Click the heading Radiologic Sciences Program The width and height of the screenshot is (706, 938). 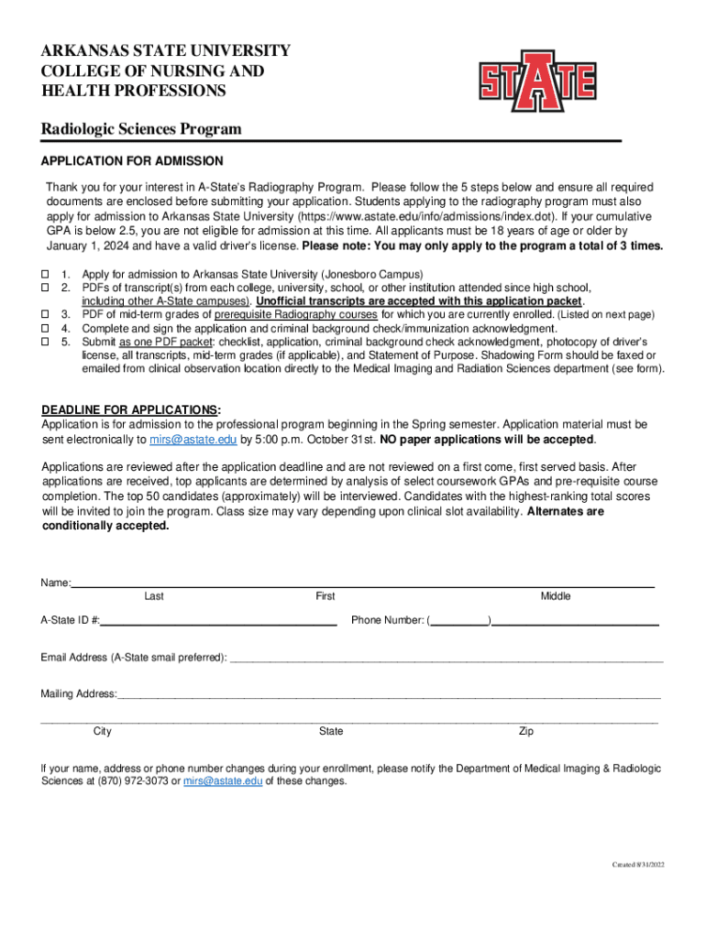tap(141, 129)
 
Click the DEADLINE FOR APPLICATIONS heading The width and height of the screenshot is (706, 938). tap(131, 409)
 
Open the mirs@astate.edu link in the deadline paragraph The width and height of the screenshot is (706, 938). tap(193, 440)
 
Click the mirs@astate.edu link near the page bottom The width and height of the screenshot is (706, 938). tap(223, 781)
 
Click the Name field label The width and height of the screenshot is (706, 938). tap(55, 584)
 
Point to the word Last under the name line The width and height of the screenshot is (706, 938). tap(154, 596)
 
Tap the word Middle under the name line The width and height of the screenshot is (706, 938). tap(556, 596)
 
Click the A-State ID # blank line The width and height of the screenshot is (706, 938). tap(218, 621)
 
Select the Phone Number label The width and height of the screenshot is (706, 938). tap(387, 621)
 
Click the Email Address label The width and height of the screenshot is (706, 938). tap(133, 658)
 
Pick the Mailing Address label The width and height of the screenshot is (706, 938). tap(79, 694)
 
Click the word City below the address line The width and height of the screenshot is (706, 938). tap(103, 731)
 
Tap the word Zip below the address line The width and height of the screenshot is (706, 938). tap(526, 731)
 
